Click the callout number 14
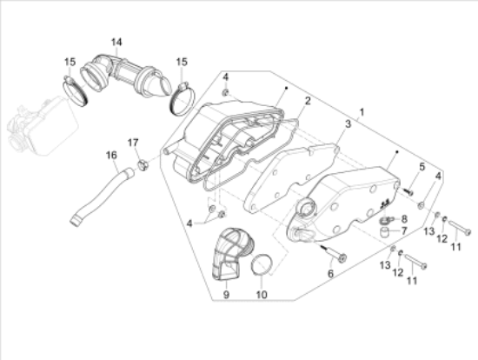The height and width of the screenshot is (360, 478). coord(116,42)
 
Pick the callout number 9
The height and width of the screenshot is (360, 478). coord(226,296)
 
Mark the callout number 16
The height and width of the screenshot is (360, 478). coord(111,156)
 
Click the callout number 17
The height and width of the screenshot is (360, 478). coord(133,143)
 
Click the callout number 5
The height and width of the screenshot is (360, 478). coord(423,166)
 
